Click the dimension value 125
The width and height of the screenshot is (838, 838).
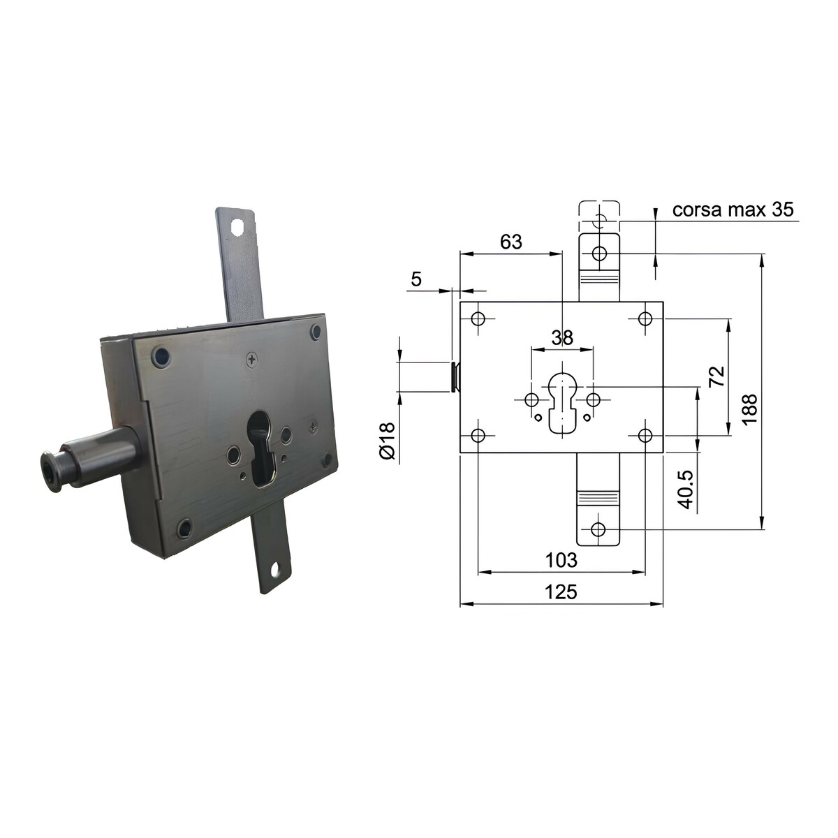561,592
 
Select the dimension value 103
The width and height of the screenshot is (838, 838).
561,560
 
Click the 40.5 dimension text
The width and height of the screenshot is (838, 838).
686,489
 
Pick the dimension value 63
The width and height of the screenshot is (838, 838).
510,242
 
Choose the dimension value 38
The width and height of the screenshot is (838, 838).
562,337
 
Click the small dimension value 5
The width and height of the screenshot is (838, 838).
416,279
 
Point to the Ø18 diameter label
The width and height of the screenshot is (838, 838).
387,441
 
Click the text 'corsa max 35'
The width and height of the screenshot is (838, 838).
733,209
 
